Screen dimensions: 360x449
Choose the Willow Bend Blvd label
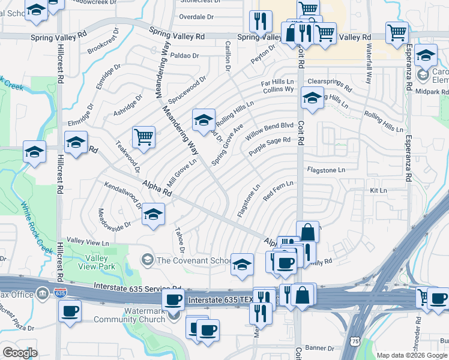tap(270, 131)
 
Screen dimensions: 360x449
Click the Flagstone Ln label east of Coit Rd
tap(326, 170)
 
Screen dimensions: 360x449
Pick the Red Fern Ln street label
tap(278, 191)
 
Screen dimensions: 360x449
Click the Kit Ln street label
tap(378, 190)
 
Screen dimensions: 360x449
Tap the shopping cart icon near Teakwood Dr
tap(143, 138)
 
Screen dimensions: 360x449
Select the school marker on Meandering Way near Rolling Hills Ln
tap(203, 120)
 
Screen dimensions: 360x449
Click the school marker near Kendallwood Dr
tap(154, 214)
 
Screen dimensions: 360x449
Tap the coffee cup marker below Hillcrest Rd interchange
tap(70, 311)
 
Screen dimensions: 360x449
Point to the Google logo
tap(20, 353)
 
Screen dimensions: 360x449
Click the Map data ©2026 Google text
tap(411, 355)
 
